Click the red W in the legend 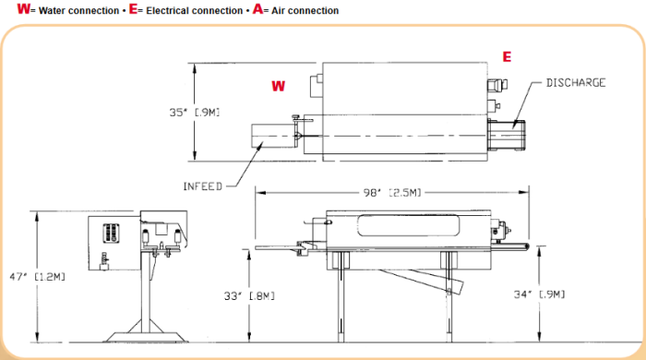point(23,9)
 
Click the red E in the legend point(133,9)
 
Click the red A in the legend point(257,9)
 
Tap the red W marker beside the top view point(278,86)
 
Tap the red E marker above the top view point(507,56)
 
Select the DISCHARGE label point(576,83)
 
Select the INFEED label point(202,186)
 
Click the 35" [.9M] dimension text point(195,112)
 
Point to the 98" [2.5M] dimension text point(392,192)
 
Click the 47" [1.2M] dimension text point(38,276)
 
